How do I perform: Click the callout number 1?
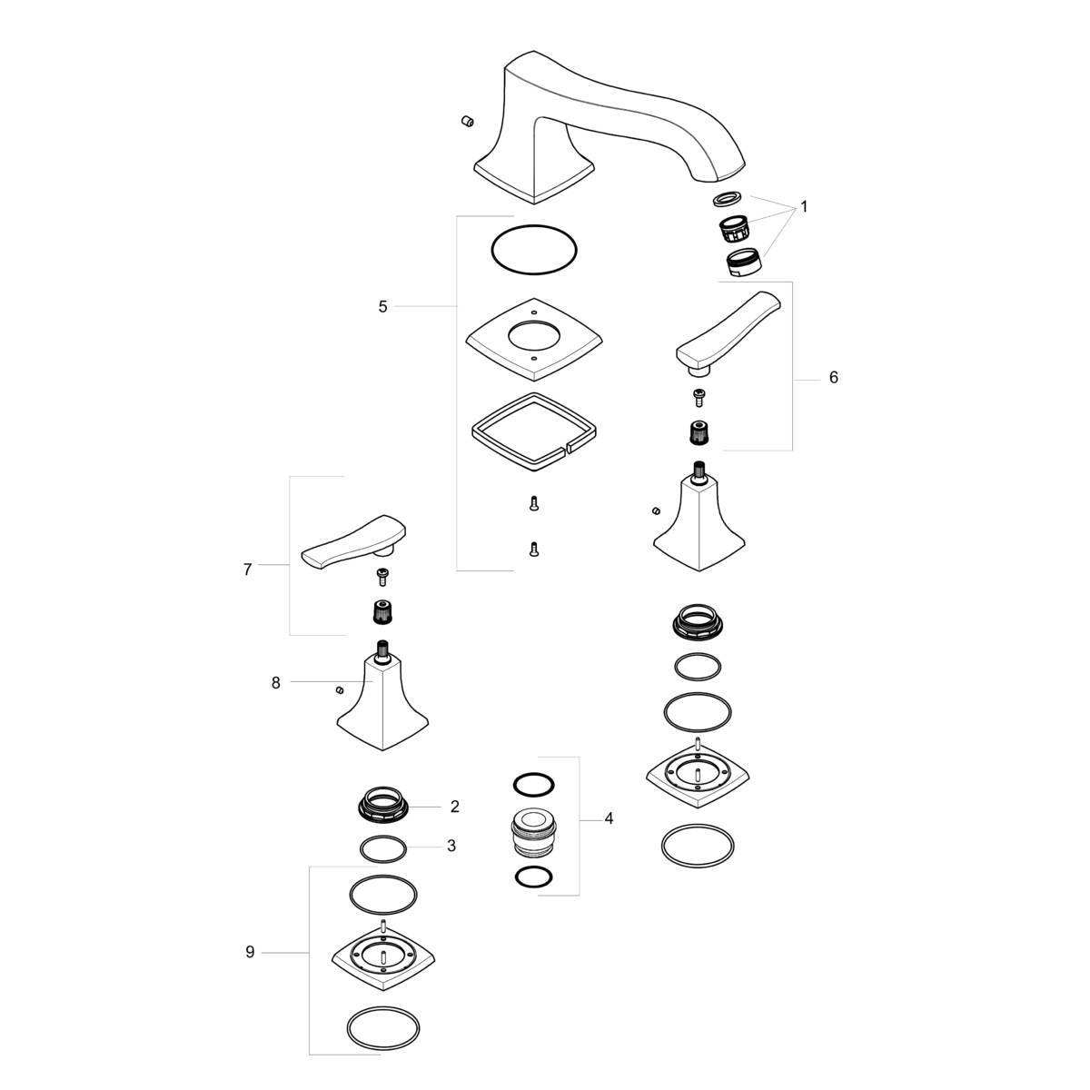coord(804,206)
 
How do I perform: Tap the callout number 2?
coord(455,807)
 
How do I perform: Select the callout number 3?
coord(451,846)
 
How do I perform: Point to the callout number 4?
coord(609,818)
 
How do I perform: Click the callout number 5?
coord(383,307)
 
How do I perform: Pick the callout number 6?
coord(833,377)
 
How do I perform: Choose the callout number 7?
coord(247,570)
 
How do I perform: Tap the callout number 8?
coord(275,683)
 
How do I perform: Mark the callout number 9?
coord(250,953)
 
